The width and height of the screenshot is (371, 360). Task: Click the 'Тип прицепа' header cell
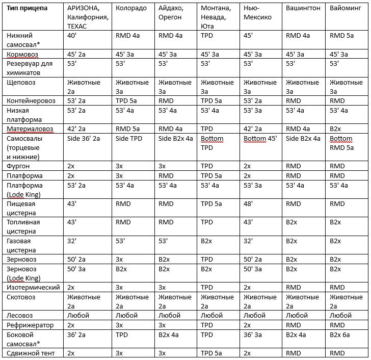pos(28,9)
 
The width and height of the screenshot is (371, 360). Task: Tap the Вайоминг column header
pos(346,9)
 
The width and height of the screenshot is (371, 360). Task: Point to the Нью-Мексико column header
pos(258,13)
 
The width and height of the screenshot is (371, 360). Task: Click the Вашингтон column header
pos(303,9)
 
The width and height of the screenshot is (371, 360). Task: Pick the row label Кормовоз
pos(25,54)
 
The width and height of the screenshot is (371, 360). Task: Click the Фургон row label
pos(19,166)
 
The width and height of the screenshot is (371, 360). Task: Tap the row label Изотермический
pos(34,287)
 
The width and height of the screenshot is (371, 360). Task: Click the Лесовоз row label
pos(20,315)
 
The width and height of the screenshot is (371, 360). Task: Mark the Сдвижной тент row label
pos(31,353)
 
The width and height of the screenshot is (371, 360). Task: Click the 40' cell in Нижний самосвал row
pos(72,36)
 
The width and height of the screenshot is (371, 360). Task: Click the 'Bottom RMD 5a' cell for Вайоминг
pos(341,143)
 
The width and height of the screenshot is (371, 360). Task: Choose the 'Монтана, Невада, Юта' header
pos(215,17)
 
